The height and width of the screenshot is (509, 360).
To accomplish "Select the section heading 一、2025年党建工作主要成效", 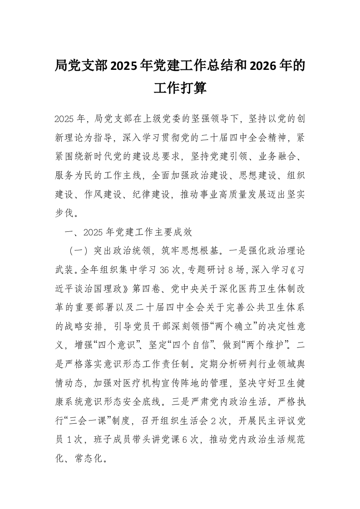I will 128,232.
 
